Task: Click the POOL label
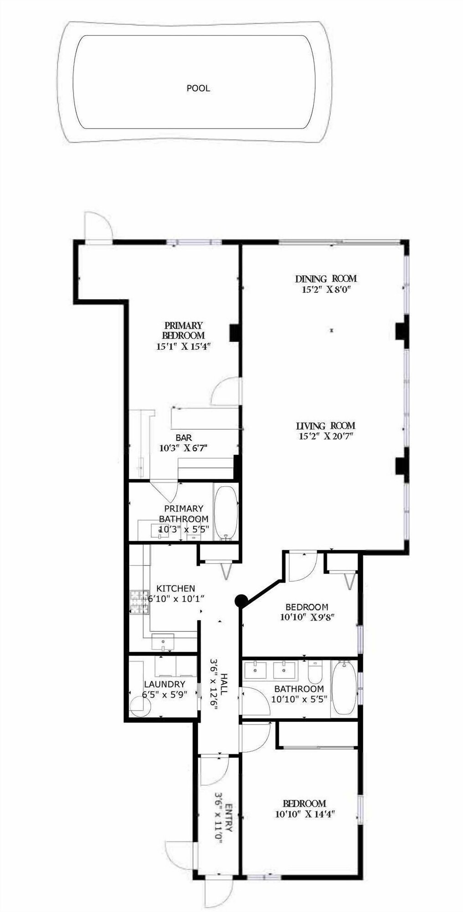coord(198,88)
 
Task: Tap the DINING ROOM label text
coord(326,279)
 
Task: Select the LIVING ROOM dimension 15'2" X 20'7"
coord(325,436)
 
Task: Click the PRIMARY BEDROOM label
coord(183,330)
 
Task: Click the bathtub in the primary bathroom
coord(226,513)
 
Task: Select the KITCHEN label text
coord(175,589)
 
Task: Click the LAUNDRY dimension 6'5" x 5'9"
coord(165,694)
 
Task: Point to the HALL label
coord(224,682)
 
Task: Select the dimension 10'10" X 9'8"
coord(308,617)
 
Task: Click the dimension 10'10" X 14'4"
coord(305,814)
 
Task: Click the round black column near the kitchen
coord(241,601)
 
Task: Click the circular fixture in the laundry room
coord(140,707)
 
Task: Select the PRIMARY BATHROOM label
coord(184,513)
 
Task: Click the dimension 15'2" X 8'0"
coord(325,289)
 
